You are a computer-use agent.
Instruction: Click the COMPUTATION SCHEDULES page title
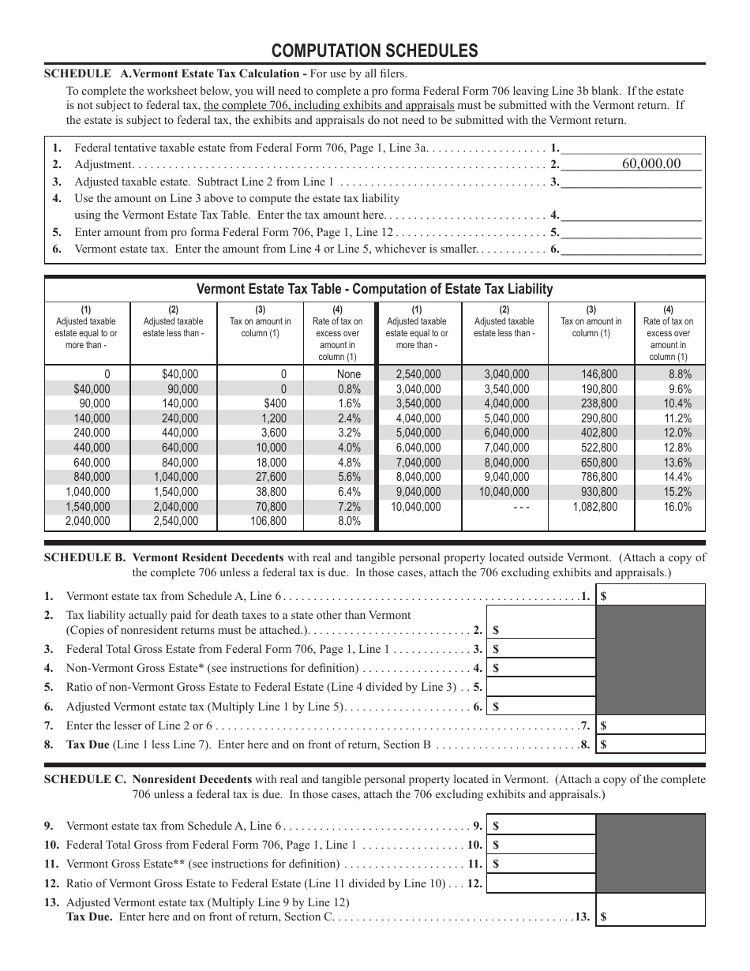pos(374,51)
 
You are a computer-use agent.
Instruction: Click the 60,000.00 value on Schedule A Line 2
pos(651,163)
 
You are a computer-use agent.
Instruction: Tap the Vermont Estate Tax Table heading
pos(374,289)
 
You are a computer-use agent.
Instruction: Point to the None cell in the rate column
pos(348,374)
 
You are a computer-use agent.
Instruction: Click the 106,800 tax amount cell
pos(268,521)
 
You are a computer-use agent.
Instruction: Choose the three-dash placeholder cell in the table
pos(521,507)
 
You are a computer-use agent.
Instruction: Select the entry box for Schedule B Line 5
pos(540,687)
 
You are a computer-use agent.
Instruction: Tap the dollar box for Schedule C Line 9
pos(540,826)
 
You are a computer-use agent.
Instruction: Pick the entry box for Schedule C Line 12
pos(540,883)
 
